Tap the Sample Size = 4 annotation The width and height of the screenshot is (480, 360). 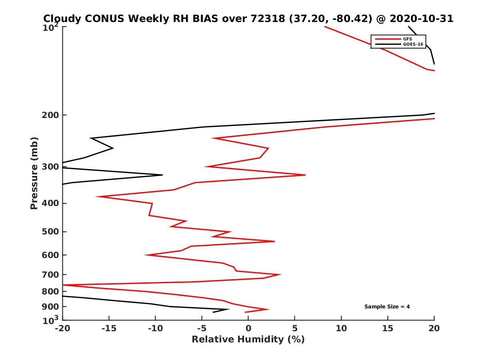[387, 307]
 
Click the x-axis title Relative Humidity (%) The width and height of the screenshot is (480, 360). [248, 340]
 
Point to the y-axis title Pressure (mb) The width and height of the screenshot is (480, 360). [34, 173]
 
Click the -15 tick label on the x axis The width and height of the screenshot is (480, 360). [108, 329]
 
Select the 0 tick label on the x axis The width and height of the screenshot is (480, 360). [248, 329]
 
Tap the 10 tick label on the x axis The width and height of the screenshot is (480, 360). [341, 329]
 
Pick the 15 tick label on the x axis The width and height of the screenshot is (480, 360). [388, 329]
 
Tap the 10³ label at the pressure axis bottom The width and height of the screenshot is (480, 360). [51, 320]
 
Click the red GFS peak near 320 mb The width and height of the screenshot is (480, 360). [305, 175]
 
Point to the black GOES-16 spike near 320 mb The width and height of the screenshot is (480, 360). [162, 175]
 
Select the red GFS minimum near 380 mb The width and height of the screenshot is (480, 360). [96, 196]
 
